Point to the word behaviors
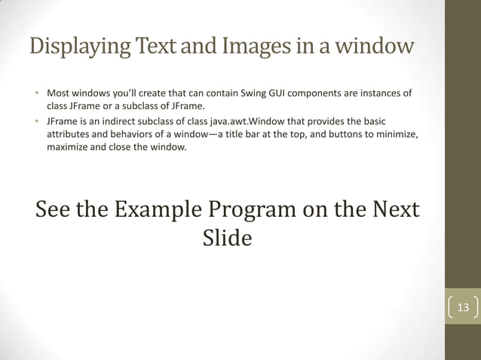click(136, 134)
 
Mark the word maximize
click(70, 147)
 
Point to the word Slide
click(227, 238)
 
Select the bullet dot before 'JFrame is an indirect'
click(35, 121)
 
